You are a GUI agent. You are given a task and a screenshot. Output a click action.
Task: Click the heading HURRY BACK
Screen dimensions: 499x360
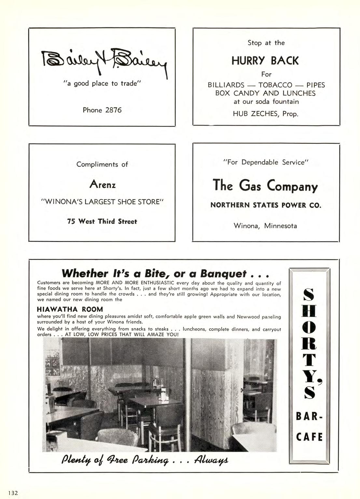[265, 61]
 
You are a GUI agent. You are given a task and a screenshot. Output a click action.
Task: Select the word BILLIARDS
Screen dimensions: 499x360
[226, 85]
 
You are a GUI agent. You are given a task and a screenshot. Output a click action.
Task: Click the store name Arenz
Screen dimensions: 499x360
[102, 185]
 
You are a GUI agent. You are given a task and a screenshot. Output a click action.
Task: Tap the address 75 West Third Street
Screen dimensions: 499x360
[102, 222]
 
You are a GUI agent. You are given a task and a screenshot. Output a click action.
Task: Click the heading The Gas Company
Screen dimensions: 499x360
[265, 186]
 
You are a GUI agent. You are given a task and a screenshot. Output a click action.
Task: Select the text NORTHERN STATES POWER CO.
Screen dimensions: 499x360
[266, 205]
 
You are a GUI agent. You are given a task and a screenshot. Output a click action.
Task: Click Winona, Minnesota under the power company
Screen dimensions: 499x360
[265, 226]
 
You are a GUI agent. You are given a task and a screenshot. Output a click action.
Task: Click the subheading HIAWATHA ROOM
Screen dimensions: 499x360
[70, 309]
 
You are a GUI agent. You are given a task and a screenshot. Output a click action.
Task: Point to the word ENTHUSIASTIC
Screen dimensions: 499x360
[157, 283]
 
